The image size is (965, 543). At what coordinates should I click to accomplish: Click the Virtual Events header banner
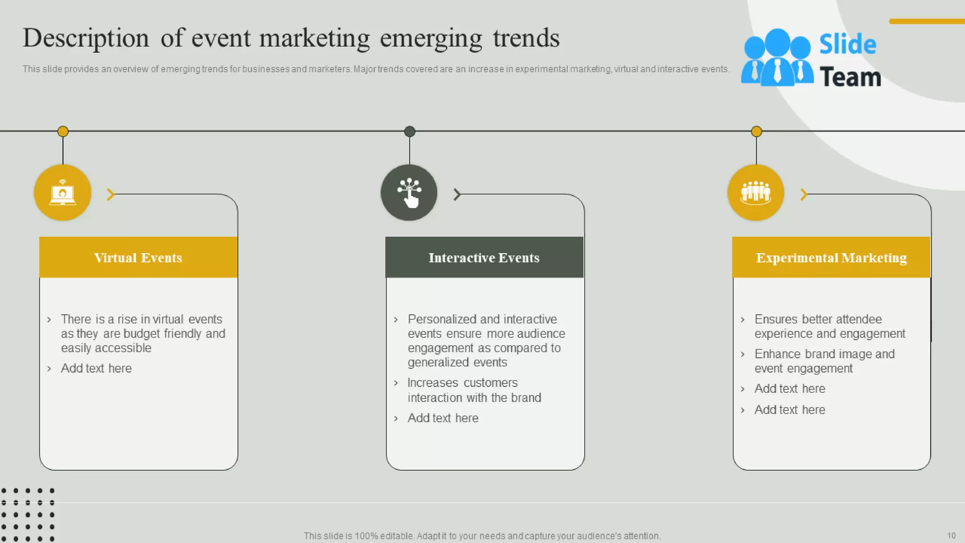[138, 257]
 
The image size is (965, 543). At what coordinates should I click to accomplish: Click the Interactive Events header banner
[484, 257]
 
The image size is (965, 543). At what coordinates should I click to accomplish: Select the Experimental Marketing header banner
[831, 257]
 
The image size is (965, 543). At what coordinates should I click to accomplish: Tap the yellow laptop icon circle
[63, 193]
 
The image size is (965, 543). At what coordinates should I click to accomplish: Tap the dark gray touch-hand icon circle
[409, 193]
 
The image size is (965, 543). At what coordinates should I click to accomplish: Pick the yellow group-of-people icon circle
[756, 193]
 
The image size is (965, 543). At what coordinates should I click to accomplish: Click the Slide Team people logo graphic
[777, 58]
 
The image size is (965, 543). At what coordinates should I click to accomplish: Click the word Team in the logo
[850, 77]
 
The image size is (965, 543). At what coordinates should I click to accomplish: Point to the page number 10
[951, 535]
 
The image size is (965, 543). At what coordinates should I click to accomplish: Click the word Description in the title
[86, 38]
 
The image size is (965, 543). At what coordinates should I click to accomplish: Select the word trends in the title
[526, 38]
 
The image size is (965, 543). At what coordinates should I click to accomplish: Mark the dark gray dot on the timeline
[409, 132]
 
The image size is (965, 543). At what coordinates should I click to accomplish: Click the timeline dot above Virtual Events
[63, 132]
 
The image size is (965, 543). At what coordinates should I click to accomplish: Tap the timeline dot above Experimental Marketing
[756, 132]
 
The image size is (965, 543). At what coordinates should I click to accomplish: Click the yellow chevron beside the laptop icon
[111, 194]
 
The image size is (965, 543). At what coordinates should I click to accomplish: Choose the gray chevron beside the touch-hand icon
[457, 194]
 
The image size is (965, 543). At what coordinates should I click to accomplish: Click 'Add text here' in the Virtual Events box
[96, 368]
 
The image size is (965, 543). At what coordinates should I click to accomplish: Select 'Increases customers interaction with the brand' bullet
[474, 390]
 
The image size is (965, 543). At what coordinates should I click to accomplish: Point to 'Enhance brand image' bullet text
[824, 361]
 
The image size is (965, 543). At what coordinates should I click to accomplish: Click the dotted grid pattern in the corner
[28, 515]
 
